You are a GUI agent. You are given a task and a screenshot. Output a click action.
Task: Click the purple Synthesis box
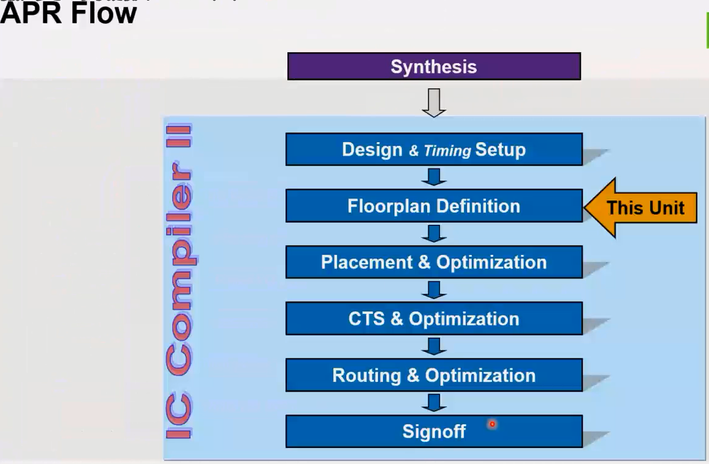434,66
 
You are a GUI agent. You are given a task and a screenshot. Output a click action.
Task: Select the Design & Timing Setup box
434,150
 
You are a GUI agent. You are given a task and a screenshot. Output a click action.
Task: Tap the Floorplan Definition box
434,206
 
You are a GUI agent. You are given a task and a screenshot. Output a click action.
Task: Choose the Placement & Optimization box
434,262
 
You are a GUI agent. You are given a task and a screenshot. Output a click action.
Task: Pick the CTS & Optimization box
434,319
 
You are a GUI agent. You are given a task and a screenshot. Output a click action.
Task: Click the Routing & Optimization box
434,375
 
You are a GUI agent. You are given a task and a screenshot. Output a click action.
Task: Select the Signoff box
434,432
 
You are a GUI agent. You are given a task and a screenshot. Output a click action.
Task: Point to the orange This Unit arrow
640,208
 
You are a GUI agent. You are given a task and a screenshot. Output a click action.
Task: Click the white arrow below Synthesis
434,102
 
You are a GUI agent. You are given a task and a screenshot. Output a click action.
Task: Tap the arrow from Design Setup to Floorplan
434,177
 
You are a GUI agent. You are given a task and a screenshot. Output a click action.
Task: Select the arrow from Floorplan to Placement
434,234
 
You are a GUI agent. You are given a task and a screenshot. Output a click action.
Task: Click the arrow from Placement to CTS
434,290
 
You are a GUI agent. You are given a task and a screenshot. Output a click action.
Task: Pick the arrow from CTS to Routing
434,346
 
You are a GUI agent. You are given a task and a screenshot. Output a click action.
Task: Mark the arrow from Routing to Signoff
434,403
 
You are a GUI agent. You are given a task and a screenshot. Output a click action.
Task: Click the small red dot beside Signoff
491,424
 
